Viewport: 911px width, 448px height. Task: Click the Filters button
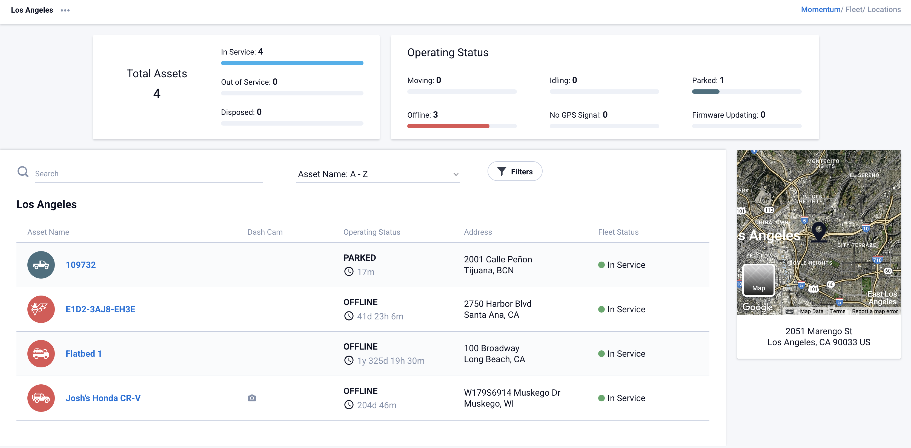click(x=515, y=172)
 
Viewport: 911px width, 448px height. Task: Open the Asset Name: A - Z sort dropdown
click(x=377, y=174)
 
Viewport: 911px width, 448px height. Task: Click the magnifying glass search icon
click(x=23, y=172)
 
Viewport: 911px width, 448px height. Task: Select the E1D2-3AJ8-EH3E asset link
click(x=101, y=309)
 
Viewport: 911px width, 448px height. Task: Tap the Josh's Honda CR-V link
click(x=103, y=398)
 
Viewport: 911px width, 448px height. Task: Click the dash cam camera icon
click(x=252, y=398)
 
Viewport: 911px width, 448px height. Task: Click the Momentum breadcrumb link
click(x=820, y=10)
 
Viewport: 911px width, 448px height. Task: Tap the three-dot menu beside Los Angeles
click(x=65, y=10)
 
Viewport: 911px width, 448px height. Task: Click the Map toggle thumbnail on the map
click(x=758, y=280)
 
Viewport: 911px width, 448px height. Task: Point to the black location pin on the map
click(x=818, y=231)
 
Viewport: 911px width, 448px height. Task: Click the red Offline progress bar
click(x=448, y=126)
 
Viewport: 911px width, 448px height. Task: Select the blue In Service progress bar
click(x=292, y=63)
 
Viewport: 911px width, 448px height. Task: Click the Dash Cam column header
click(x=265, y=232)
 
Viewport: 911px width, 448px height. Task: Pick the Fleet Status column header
click(x=618, y=232)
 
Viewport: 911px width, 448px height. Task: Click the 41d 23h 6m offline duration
click(x=380, y=316)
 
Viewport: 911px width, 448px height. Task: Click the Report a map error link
click(x=875, y=311)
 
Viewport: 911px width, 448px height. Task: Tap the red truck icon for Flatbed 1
click(x=41, y=353)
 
